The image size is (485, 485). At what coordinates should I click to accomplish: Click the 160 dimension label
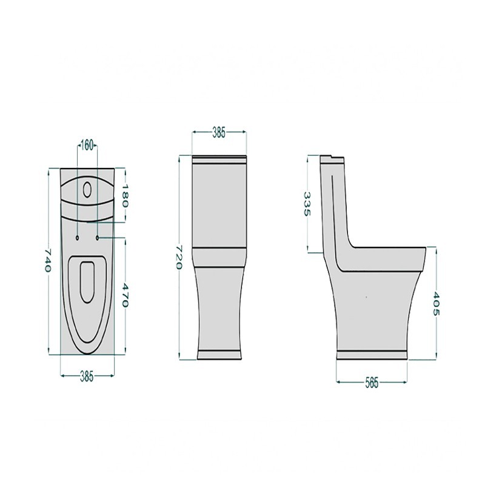tap(87, 145)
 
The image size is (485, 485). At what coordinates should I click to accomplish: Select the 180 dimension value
tap(125, 195)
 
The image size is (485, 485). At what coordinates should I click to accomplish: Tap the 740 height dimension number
tap(47, 261)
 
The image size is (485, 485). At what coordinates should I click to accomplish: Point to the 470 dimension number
tap(124, 295)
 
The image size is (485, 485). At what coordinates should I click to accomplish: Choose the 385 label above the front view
tap(219, 132)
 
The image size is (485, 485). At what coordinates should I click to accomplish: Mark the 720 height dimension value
tap(179, 257)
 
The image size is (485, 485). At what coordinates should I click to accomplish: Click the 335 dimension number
tap(307, 204)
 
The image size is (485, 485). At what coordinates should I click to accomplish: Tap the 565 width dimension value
tap(372, 383)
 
